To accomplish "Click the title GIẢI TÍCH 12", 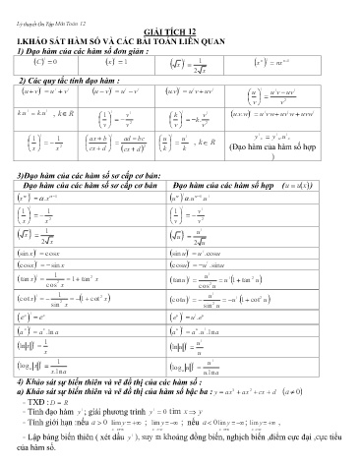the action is [180, 30].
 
